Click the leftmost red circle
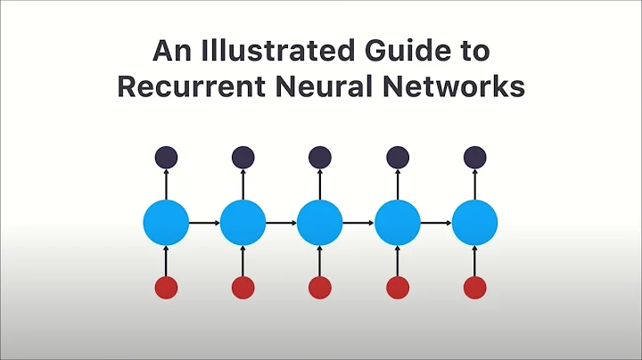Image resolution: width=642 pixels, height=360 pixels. pos(166,287)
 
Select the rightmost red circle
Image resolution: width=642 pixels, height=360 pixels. pos(474,287)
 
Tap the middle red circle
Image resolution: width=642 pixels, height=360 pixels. pos(320,287)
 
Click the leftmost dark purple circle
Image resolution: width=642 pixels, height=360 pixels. pos(166,158)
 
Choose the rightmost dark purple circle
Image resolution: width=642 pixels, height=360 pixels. pos(474,158)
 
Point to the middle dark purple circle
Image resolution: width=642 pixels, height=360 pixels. pos(320,158)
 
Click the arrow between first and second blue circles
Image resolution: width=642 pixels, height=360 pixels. pos(204,223)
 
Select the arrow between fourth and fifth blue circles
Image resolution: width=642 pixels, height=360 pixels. pos(436,223)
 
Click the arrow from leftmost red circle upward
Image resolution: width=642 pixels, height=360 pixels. pos(166,261)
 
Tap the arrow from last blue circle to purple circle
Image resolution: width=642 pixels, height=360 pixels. pos(474,184)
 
